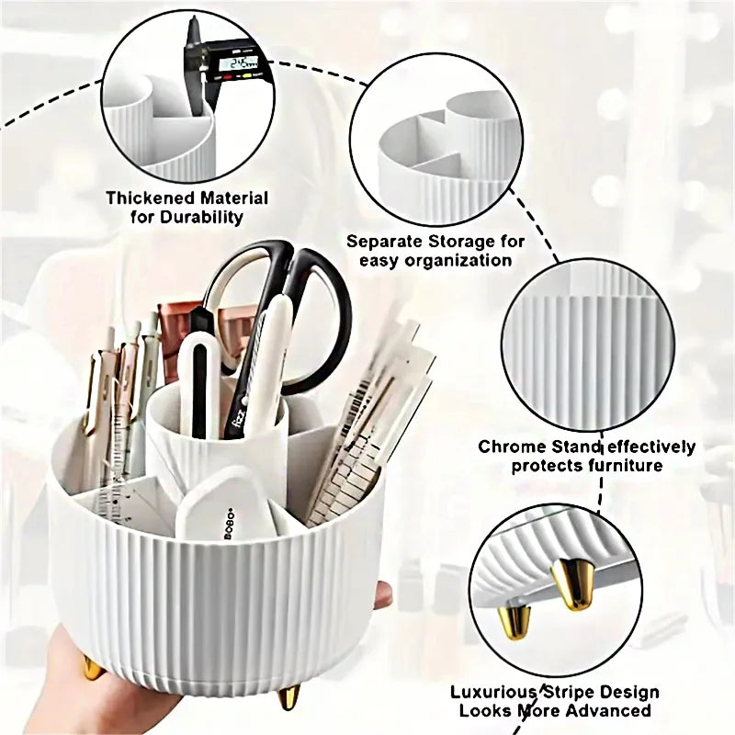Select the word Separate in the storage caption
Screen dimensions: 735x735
pyautogui.click(x=383, y=242)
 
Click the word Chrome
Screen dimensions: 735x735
pyautogui.click(x=508, y=447)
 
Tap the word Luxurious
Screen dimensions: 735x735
pyautogui.click(x=493, y=692)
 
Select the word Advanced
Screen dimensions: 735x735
pyautogui.click(x=611, y=710)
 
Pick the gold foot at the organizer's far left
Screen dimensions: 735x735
pyautogui.click(x=92, y=667)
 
